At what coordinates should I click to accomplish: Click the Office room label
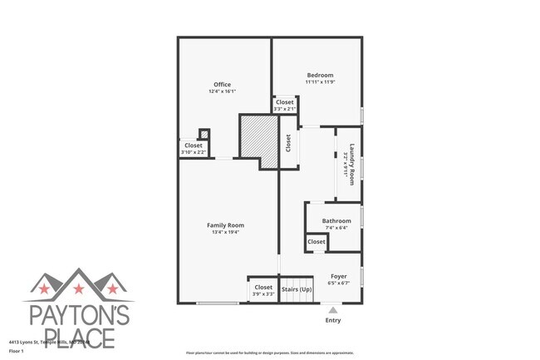pyautogui.click(x=222, y=84)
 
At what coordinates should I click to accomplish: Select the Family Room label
pyautogui.click(x=225, y=224)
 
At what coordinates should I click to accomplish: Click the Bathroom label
pyautogui.click(x=336, y=220)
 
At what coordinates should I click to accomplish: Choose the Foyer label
pyautogui.click(x=339, y=276)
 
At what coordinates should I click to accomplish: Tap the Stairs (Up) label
pyautogui.click(x=297, y=288)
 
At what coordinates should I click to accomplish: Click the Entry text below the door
pyautogui.click(x=333, y=320)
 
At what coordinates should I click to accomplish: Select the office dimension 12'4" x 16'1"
pyautogui.click(x=222, y=91)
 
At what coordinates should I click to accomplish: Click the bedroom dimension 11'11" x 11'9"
pyautogui.click(x=319, y=82)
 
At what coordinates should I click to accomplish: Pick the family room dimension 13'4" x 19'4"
pyautogui.click(x=225, y=232)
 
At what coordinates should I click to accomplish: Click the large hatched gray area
pyautogui.click(x=258, y=136)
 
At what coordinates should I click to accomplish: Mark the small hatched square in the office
pyautogui.click(x=203, y=134)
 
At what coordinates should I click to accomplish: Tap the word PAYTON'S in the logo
pyautogui.click(x=78, y=315)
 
